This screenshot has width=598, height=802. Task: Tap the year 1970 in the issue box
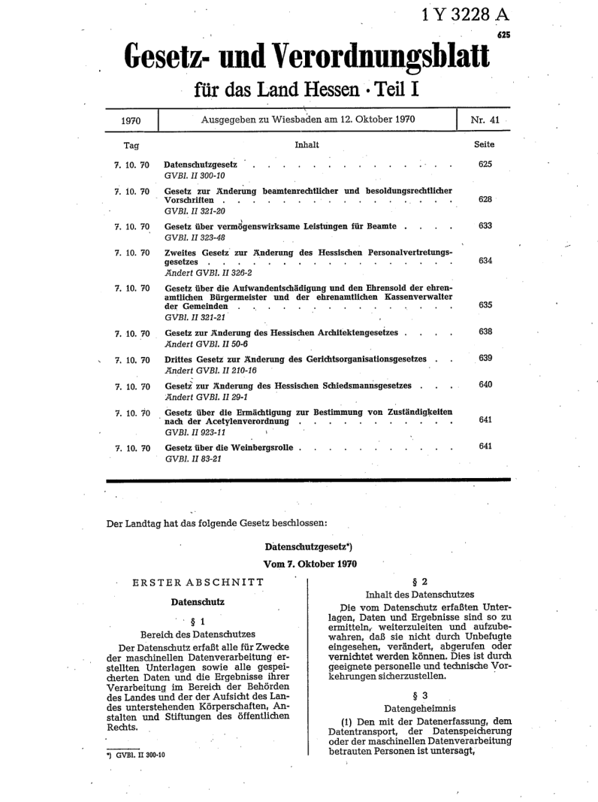tap(131, 121)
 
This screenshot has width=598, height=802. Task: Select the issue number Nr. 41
tap(483, 120)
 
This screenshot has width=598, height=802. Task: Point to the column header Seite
tap(485, 144)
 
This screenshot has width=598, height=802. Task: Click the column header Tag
tap(131, 145)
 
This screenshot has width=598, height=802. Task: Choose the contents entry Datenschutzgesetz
tap(201, 164)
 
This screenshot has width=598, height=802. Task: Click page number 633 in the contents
tap(485, 225)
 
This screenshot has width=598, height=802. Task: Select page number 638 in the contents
tap(485, 331)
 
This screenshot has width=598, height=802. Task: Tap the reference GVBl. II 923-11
tap(197, 433)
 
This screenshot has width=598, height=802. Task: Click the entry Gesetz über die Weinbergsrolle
tap(231, 447)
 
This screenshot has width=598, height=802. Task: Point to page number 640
tap(485, 385)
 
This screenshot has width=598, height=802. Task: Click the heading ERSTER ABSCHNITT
tap(198, 581)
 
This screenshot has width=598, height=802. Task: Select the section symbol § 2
tap(421, 581)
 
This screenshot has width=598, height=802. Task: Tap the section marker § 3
tap(421, 695)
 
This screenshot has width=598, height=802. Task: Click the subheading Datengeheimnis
tap(421, 708)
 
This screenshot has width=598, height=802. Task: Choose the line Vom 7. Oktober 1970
tap(310, 563)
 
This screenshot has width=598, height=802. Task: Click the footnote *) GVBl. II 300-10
tap(136, 754)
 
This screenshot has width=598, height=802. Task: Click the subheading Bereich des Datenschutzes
tap(198, 634)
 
